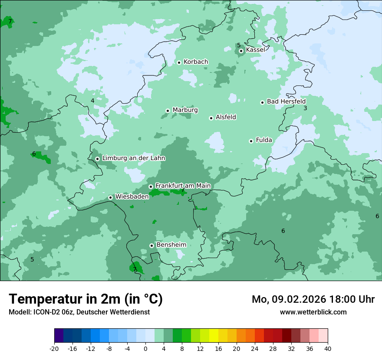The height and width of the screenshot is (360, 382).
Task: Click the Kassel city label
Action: [x=255, y=50]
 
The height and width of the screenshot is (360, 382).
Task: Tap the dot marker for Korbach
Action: [x=179, y=62]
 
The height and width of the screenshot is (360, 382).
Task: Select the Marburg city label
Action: [x=185, y=110]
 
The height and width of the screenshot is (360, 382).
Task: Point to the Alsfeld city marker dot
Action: [x=211, y=118]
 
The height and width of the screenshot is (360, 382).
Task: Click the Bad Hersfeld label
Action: [x=286, y=101]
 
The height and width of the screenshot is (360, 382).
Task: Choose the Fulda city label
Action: [x=264, y=140]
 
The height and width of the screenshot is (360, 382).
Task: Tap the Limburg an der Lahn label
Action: [x=133, y=158]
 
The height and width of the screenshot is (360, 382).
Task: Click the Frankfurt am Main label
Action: [x=183, y=186]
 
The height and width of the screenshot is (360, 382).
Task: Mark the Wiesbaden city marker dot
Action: [x=111, y=197]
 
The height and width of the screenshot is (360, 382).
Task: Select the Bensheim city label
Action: [x=171, y=245]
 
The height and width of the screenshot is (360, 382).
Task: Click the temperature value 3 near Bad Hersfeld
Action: [x=305, y=108]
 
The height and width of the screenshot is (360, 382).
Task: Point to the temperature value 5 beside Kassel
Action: [x=239, y=45]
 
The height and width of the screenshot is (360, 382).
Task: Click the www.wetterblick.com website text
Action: [x=313, y=312]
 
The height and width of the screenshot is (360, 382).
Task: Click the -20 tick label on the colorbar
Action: [x=54, y=348]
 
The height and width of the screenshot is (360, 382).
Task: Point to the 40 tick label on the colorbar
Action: [x=327, y=348]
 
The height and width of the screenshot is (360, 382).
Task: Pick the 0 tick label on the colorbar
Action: [x=145, y=348]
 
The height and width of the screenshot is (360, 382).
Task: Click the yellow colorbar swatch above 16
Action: [x=214, y=336]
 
